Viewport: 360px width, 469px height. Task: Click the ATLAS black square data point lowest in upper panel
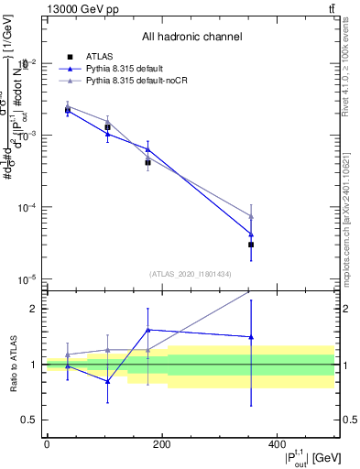(251, 245)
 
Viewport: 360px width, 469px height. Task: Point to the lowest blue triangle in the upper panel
(251, 234)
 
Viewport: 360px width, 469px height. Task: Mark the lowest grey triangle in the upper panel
(251, 216)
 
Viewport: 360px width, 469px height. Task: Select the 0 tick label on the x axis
(47, 444)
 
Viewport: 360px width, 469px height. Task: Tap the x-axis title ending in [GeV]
(303, 457)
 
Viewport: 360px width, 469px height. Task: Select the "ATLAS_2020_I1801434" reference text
(191, 274)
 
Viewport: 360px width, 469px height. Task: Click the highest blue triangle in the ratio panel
(148, 330)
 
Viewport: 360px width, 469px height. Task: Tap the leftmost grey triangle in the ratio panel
(68, 354)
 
